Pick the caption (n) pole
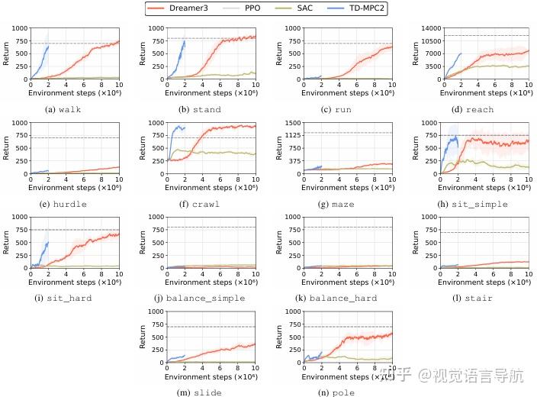(336, 392)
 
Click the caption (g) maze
(336, 204)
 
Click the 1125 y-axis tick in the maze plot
(292, 134)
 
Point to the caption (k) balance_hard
(336, 298)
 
